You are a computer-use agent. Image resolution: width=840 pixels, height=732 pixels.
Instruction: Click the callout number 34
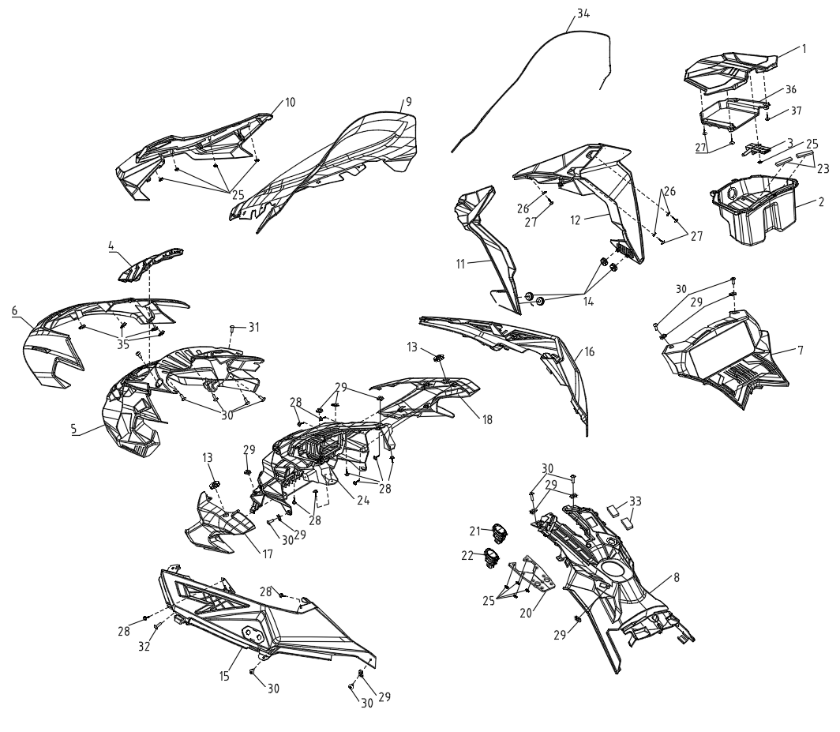coord(583,14)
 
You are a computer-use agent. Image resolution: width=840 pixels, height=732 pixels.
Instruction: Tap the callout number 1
coord(804,48)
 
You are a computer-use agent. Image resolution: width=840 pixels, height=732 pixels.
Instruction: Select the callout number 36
coord(791,89)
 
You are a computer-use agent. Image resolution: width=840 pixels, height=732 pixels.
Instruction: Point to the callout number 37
coord(796,111)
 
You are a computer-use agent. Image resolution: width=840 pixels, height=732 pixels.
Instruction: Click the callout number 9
coord(409,101)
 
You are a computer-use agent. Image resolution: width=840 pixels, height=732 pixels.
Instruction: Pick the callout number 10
coord(290,102)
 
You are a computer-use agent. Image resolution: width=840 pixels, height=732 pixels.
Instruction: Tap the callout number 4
coord(111,246)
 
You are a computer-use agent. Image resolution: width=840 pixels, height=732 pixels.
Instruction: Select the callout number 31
coord(253,326)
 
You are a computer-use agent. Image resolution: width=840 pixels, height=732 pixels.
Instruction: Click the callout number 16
coord(589,352)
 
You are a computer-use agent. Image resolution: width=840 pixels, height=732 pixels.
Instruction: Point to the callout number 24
coord(364,501)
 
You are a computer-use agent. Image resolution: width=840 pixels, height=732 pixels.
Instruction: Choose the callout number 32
coord(144,647)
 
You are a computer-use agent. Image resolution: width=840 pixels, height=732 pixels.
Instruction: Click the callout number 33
coord(636,501)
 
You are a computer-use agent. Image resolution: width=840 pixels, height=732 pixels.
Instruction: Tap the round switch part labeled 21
coord(501,531)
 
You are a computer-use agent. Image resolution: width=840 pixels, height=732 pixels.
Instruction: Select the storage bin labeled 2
coord(753,212)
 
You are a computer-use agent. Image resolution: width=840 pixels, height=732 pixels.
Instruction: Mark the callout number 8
coord(677,577)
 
